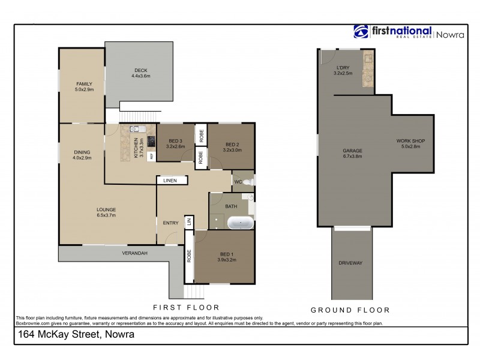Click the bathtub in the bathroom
click(x=241, y=223)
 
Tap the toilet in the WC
click(x=250, y=181)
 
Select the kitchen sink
click(x=135, y=129)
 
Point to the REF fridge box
click(x=151, y=156)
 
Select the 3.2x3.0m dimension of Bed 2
click(x=232, y=150)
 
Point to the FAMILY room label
click(x=83, y=83)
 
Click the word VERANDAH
click(x=135, y=253)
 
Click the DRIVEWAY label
click(x=350, y=263)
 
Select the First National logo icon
click(x=361, y=32)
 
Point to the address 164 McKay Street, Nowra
click(x=76, y=335)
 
